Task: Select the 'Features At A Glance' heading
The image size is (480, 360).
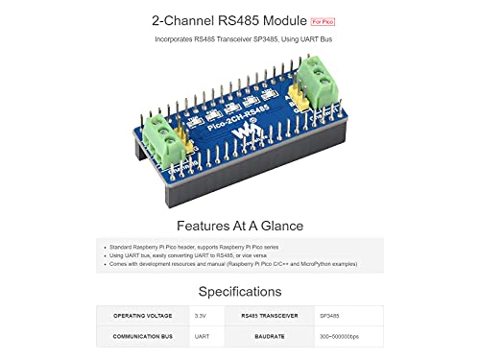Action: pyautogui.click(x=240, y=226)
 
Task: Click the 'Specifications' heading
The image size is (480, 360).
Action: pyautogui.click(x=240, y=291)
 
